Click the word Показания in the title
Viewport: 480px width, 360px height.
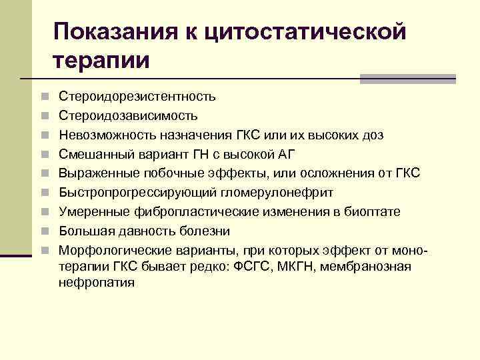[x=113, y=31]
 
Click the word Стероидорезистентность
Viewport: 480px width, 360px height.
[x=137, y=97]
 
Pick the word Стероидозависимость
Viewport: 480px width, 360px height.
[x=128, y=116]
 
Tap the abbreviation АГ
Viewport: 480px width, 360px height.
[x=285, y=155]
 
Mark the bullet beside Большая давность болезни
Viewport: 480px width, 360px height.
[x=43, y=232]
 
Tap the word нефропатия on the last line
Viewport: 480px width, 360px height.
[x=97, y=282]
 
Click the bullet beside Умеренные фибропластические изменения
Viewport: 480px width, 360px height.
[x=43, y=213]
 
